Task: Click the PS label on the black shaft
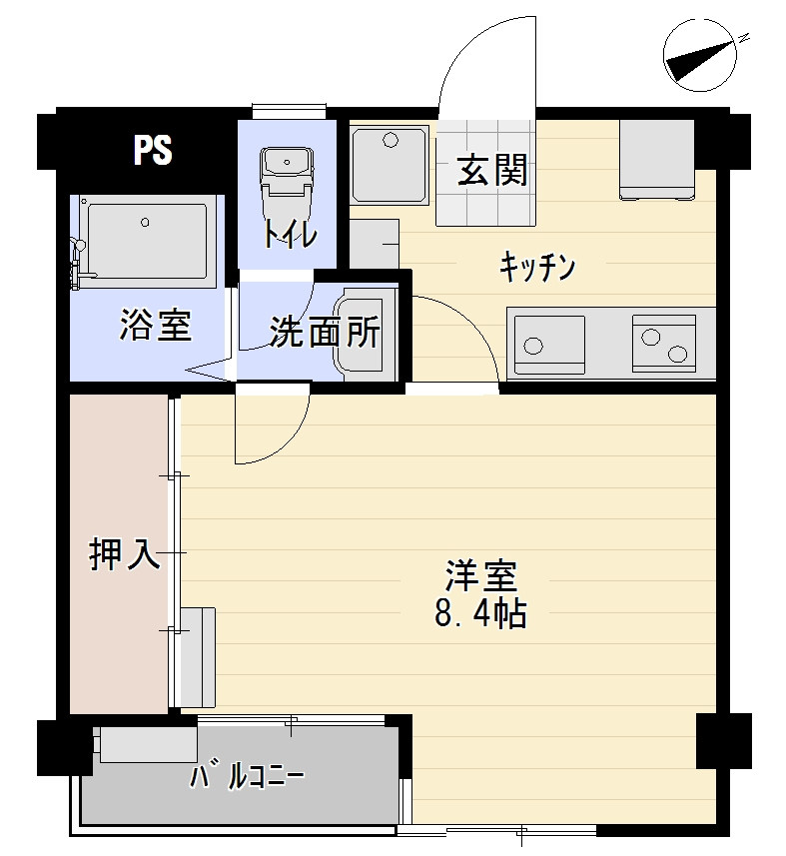point(153,149)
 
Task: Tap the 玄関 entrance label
point(492,170)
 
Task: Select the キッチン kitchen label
point(537,267)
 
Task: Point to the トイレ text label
point(290,235)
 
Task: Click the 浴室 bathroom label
point(156,326)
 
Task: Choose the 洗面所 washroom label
point(326,332)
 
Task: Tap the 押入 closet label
point(125,554)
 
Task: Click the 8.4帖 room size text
point(480,613)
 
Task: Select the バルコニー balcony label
point(248,777)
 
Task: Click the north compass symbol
point(700,55)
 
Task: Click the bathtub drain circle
point(145,222)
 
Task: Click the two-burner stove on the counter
point(664,341)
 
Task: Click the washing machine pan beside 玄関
point(390,165)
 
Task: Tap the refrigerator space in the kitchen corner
point(656,160)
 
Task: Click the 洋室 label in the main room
point(480,576)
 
